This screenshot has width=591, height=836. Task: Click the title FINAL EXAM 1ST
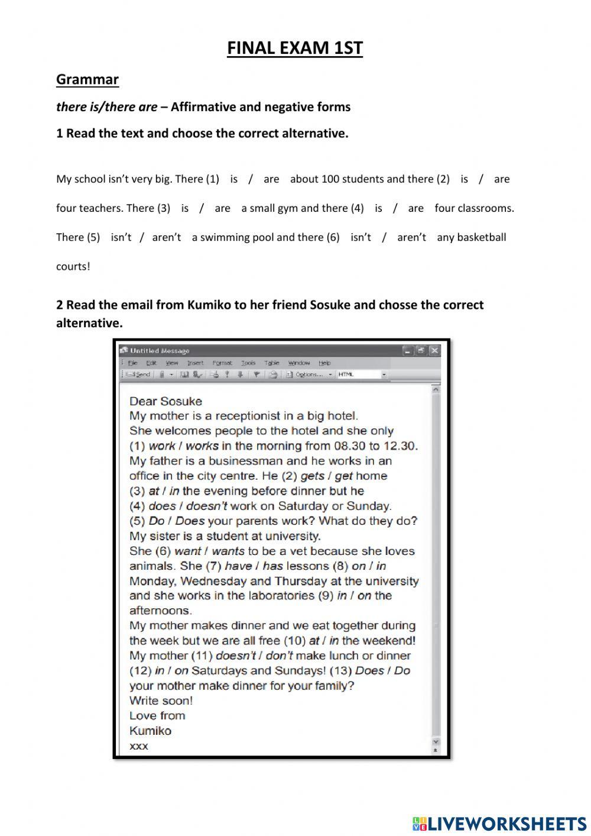294,49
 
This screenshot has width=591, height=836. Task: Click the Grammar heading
87,79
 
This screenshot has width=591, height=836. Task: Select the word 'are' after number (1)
271,179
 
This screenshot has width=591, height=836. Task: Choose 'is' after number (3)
185,208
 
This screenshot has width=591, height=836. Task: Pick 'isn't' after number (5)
121,237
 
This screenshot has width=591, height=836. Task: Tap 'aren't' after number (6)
411,237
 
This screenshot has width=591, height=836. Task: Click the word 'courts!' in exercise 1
73,266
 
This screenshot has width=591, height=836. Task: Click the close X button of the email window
434,351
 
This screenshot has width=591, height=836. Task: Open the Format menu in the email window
222,363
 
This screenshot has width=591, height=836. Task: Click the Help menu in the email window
324,363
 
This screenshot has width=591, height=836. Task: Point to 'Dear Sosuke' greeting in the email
165,401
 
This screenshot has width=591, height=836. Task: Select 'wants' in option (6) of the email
228,551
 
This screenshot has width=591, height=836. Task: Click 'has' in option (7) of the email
272,566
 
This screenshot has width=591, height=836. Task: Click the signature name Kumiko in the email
150,731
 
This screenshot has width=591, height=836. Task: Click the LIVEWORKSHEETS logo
499,823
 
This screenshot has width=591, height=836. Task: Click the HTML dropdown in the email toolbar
361,375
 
